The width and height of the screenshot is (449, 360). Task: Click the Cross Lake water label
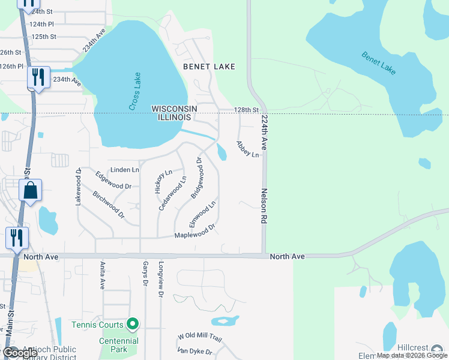pos(135,91)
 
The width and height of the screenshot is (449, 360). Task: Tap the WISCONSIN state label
pos(175,108)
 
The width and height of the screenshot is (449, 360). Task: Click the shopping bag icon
pos(30,191)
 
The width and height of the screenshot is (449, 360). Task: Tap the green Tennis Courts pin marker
pos(133,325)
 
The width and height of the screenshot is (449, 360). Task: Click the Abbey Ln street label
pos(247,149)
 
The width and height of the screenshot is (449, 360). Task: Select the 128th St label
pos(246,110)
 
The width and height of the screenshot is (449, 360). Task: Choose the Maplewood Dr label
pos(194,232)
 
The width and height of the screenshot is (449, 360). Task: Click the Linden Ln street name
pos(124,170)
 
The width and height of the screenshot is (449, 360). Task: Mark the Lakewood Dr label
pos(78,187)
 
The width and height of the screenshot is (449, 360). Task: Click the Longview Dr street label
pos(160,279)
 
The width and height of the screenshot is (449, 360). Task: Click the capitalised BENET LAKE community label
pos(209,66)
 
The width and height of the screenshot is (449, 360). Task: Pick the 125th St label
pos(44,37)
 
